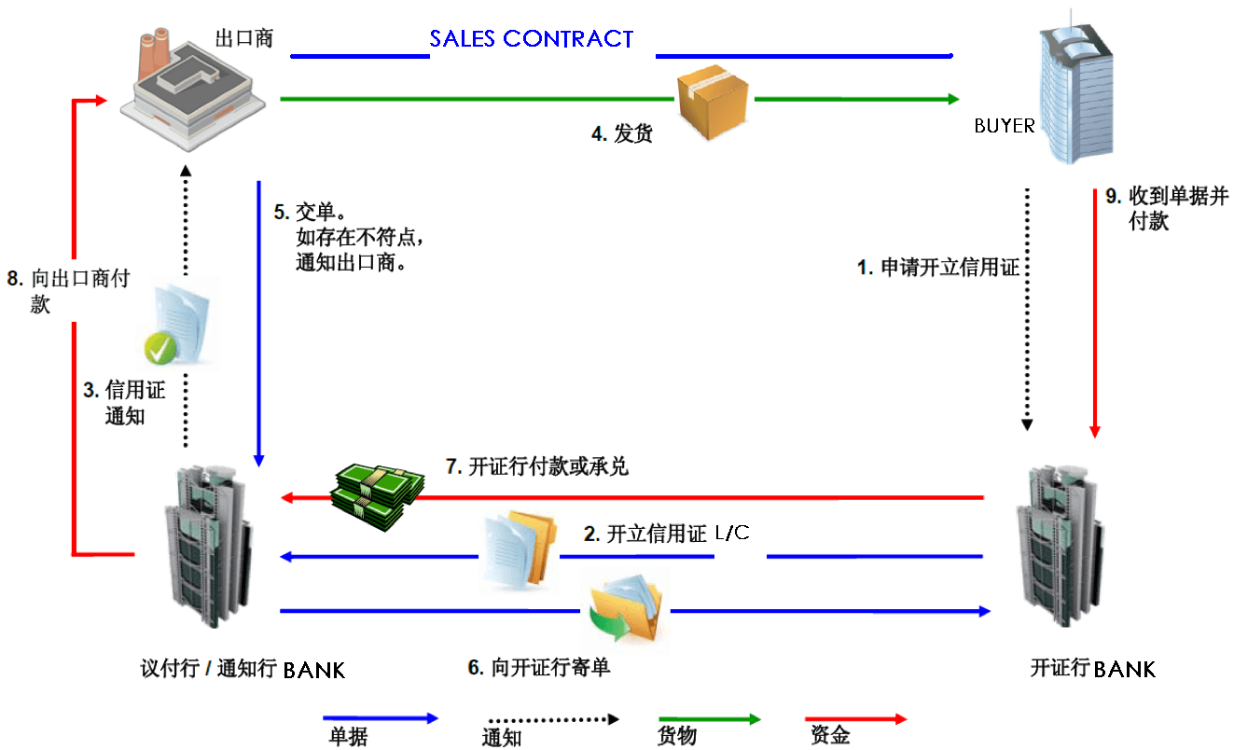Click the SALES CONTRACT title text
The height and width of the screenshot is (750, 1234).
point(531,39)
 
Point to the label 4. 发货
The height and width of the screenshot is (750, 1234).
point(621,134)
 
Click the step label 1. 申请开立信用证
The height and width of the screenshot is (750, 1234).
point(937,269)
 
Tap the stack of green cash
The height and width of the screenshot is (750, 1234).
point(379,494)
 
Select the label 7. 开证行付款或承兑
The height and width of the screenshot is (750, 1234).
point(537,466)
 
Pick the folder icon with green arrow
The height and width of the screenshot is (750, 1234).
point(626,608)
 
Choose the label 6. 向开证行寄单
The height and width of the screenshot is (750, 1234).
point(539,668)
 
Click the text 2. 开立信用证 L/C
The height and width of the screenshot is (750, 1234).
point(667,535)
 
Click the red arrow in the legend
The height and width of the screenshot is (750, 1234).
point(855,719)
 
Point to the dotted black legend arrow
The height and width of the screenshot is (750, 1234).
point(552,719)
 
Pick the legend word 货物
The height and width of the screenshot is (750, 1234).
point(676,737)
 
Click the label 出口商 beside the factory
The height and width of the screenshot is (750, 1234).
point(243,39)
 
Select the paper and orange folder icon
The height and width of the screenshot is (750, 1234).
point(518,549)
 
